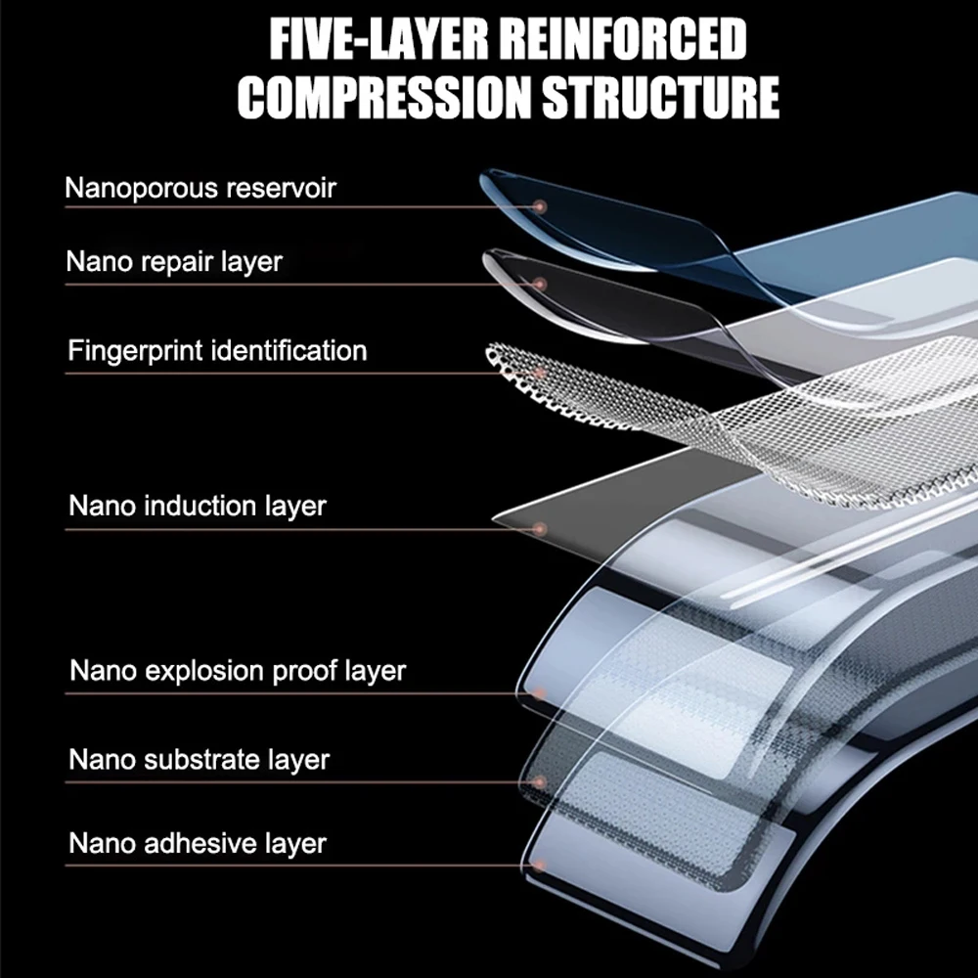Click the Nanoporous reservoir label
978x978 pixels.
tap(200, 187)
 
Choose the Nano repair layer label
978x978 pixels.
tap(174, 262)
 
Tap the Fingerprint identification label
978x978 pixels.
tap(217, 350)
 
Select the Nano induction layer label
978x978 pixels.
tap(198, 507)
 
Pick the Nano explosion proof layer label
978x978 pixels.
tap(238, 671)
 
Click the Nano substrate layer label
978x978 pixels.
tap(200, 759)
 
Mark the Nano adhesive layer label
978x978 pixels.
tap(198, 843)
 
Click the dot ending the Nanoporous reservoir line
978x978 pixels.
tap(539, 206)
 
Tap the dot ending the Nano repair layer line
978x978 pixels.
tap(539, 284)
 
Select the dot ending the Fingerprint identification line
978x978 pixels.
tap(539, 373)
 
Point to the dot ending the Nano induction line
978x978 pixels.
tap(539, 529)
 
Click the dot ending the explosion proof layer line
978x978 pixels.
tap(539, 693)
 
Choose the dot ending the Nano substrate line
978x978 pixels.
tap(539, 781)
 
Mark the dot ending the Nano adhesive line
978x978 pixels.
tap(539, 866)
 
